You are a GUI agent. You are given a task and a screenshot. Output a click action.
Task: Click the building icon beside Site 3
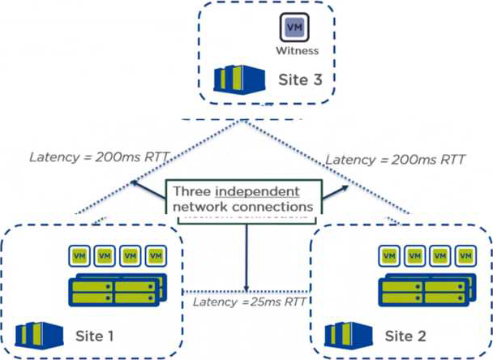(237, 79)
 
